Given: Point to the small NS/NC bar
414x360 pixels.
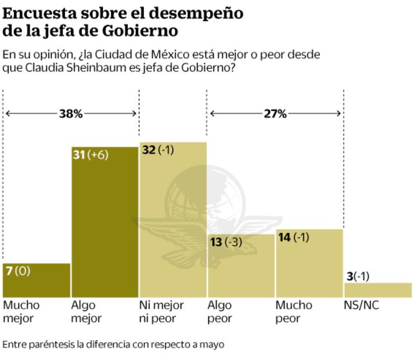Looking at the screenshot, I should pos(378,290).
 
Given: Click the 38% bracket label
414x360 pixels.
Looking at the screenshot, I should pos(71,114).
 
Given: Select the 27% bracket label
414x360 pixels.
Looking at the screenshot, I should pos(275,114).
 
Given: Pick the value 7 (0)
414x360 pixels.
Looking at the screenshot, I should pos(17,271).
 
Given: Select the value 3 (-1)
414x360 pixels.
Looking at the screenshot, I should pos(359,276).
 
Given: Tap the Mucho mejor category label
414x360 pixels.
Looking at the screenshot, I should pos(21,312).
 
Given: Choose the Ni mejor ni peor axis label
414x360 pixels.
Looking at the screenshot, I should pos(161,312).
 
